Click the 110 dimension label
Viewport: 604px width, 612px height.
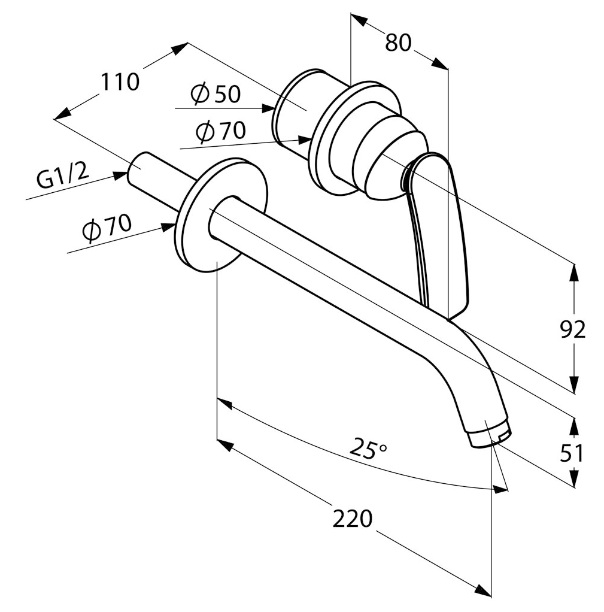point(120,82)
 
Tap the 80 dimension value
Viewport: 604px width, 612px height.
point(398,43)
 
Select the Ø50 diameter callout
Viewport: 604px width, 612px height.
point(216,94)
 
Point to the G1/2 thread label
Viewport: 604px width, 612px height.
point(62,177)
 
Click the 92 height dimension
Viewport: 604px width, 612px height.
point(573,330)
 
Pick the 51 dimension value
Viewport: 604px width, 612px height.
point(572,454)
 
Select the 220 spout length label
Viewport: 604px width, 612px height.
point(353,519)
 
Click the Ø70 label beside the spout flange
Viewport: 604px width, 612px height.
point(107,229)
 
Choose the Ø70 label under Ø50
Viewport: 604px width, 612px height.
point(221,131)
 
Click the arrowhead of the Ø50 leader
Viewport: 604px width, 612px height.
point(269,108)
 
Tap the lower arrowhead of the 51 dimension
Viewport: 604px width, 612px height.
point(573,478)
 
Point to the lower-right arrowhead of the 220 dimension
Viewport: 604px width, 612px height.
point(484,600)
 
